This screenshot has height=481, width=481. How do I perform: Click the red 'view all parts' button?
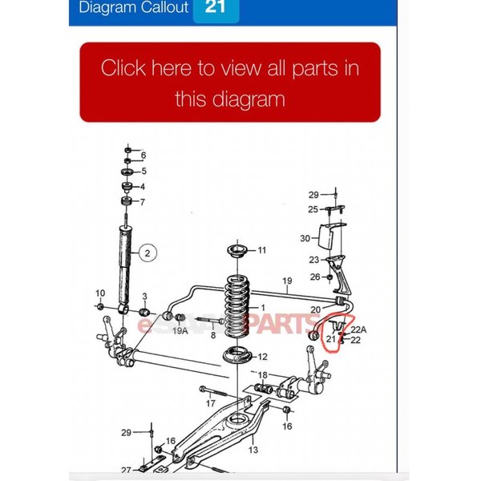coord(230,83)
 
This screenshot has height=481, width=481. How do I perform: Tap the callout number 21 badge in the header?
coord(216,8)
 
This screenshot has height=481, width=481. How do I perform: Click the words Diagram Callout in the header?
coord(133,8)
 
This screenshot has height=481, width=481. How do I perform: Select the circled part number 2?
coord(148,254)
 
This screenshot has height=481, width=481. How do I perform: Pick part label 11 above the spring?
coord(261,251)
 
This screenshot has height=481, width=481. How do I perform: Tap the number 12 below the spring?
coord(262,357)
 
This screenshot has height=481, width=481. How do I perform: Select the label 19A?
coord(180,329)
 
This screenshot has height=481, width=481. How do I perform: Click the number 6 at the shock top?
coord(143,155)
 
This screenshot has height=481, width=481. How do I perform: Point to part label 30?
coord(305,238)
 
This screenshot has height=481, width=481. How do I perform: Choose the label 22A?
coord(358,329)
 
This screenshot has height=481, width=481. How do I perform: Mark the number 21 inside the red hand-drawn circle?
coord(331,339)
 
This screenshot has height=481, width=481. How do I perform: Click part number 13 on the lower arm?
coord(253,451)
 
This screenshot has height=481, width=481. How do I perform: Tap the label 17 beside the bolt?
coord(210,403)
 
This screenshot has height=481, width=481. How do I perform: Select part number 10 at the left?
coord(100,293)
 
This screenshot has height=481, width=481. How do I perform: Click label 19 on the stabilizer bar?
coord(286,281)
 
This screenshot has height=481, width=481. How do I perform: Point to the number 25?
coord(312,209)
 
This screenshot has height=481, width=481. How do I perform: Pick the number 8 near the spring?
coord(213,336)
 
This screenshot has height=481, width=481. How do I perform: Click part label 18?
coord(262,374)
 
